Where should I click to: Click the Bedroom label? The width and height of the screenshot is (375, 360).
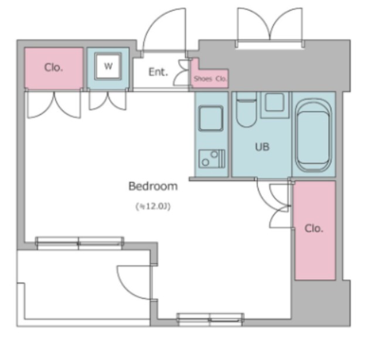tap(153, 186)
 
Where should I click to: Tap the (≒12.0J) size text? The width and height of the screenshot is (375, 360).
tap(153, 206)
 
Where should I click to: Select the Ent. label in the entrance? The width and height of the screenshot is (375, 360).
tap(158, 72)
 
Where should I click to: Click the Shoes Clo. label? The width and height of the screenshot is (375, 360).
tap(210, 79)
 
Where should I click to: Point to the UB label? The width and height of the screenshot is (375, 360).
tap(262, 147)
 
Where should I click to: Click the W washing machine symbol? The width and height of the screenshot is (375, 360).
tap(108, 66)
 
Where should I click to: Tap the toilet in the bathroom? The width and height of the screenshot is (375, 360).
tap(246, 110)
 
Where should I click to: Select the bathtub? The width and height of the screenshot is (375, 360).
tap(313, 135)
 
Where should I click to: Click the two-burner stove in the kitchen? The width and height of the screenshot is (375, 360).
tap(212, 158)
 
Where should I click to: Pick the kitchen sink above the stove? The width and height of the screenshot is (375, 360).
tap(211, 118)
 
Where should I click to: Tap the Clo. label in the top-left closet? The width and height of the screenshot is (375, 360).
tap(53, 67)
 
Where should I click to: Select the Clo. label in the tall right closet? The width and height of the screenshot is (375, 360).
tap(314, 229)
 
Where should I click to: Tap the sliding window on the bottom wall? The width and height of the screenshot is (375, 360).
tap(210, 320)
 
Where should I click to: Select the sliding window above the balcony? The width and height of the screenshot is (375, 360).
tap(80, 243)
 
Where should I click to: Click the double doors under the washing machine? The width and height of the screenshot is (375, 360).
tap(108, 100)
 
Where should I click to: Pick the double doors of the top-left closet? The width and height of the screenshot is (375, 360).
tap(54, 104)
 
